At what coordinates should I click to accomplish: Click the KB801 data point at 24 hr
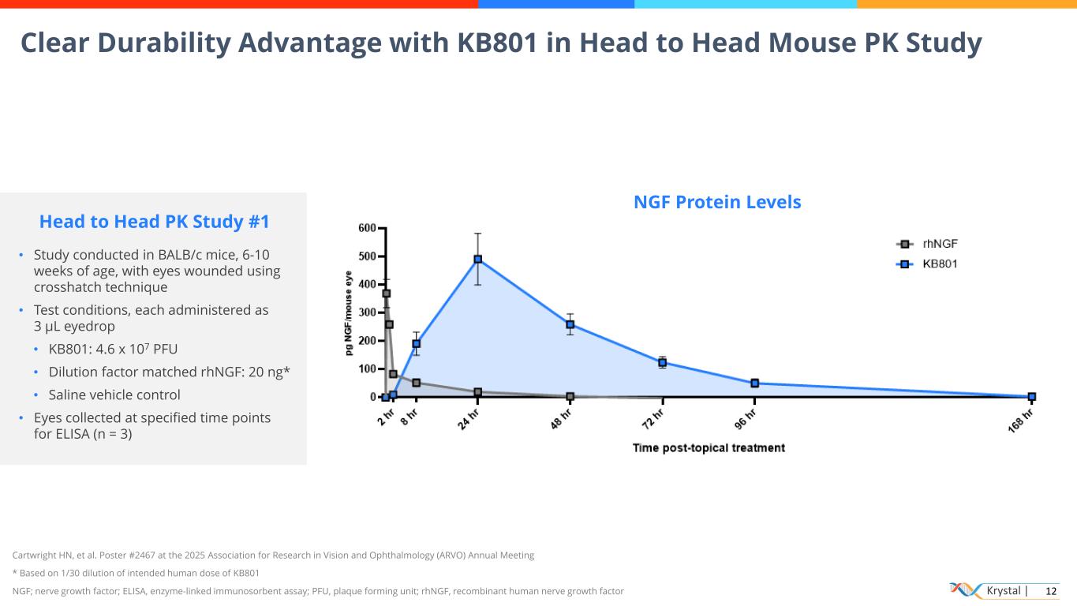point(477,259)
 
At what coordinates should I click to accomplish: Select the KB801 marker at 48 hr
point(570,324)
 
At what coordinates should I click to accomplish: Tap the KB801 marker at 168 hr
point(1031,397)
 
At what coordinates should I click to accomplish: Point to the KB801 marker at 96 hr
point(754,383)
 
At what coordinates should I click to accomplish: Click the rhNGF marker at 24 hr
point(477,392)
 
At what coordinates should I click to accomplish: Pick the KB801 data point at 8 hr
point(416,344)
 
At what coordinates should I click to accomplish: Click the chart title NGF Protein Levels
point(717,203)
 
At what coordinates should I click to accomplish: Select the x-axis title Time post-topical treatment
point(709,448)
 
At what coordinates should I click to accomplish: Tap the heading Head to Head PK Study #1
point(154,222)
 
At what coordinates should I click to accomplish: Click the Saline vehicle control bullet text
point(114,395)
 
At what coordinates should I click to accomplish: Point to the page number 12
point(1050,591)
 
